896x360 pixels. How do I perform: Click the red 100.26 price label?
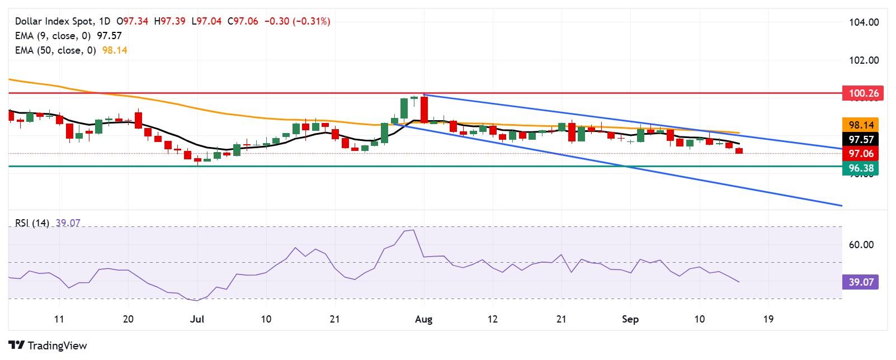(862, 94)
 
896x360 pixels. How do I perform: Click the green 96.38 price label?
(861, 167)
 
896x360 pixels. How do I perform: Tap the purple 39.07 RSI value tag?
(861, 282)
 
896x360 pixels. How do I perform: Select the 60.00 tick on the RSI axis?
(861, 245)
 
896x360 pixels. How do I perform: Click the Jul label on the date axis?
(196, 319)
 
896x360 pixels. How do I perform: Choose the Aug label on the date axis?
(424, 319)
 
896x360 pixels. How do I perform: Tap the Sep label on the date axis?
(630, 319)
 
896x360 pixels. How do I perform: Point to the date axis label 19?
(768, 319)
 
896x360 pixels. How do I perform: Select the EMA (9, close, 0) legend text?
(54, 36)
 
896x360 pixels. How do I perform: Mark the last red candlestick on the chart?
(739, 151)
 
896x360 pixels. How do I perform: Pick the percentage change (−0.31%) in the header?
(312, 21)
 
